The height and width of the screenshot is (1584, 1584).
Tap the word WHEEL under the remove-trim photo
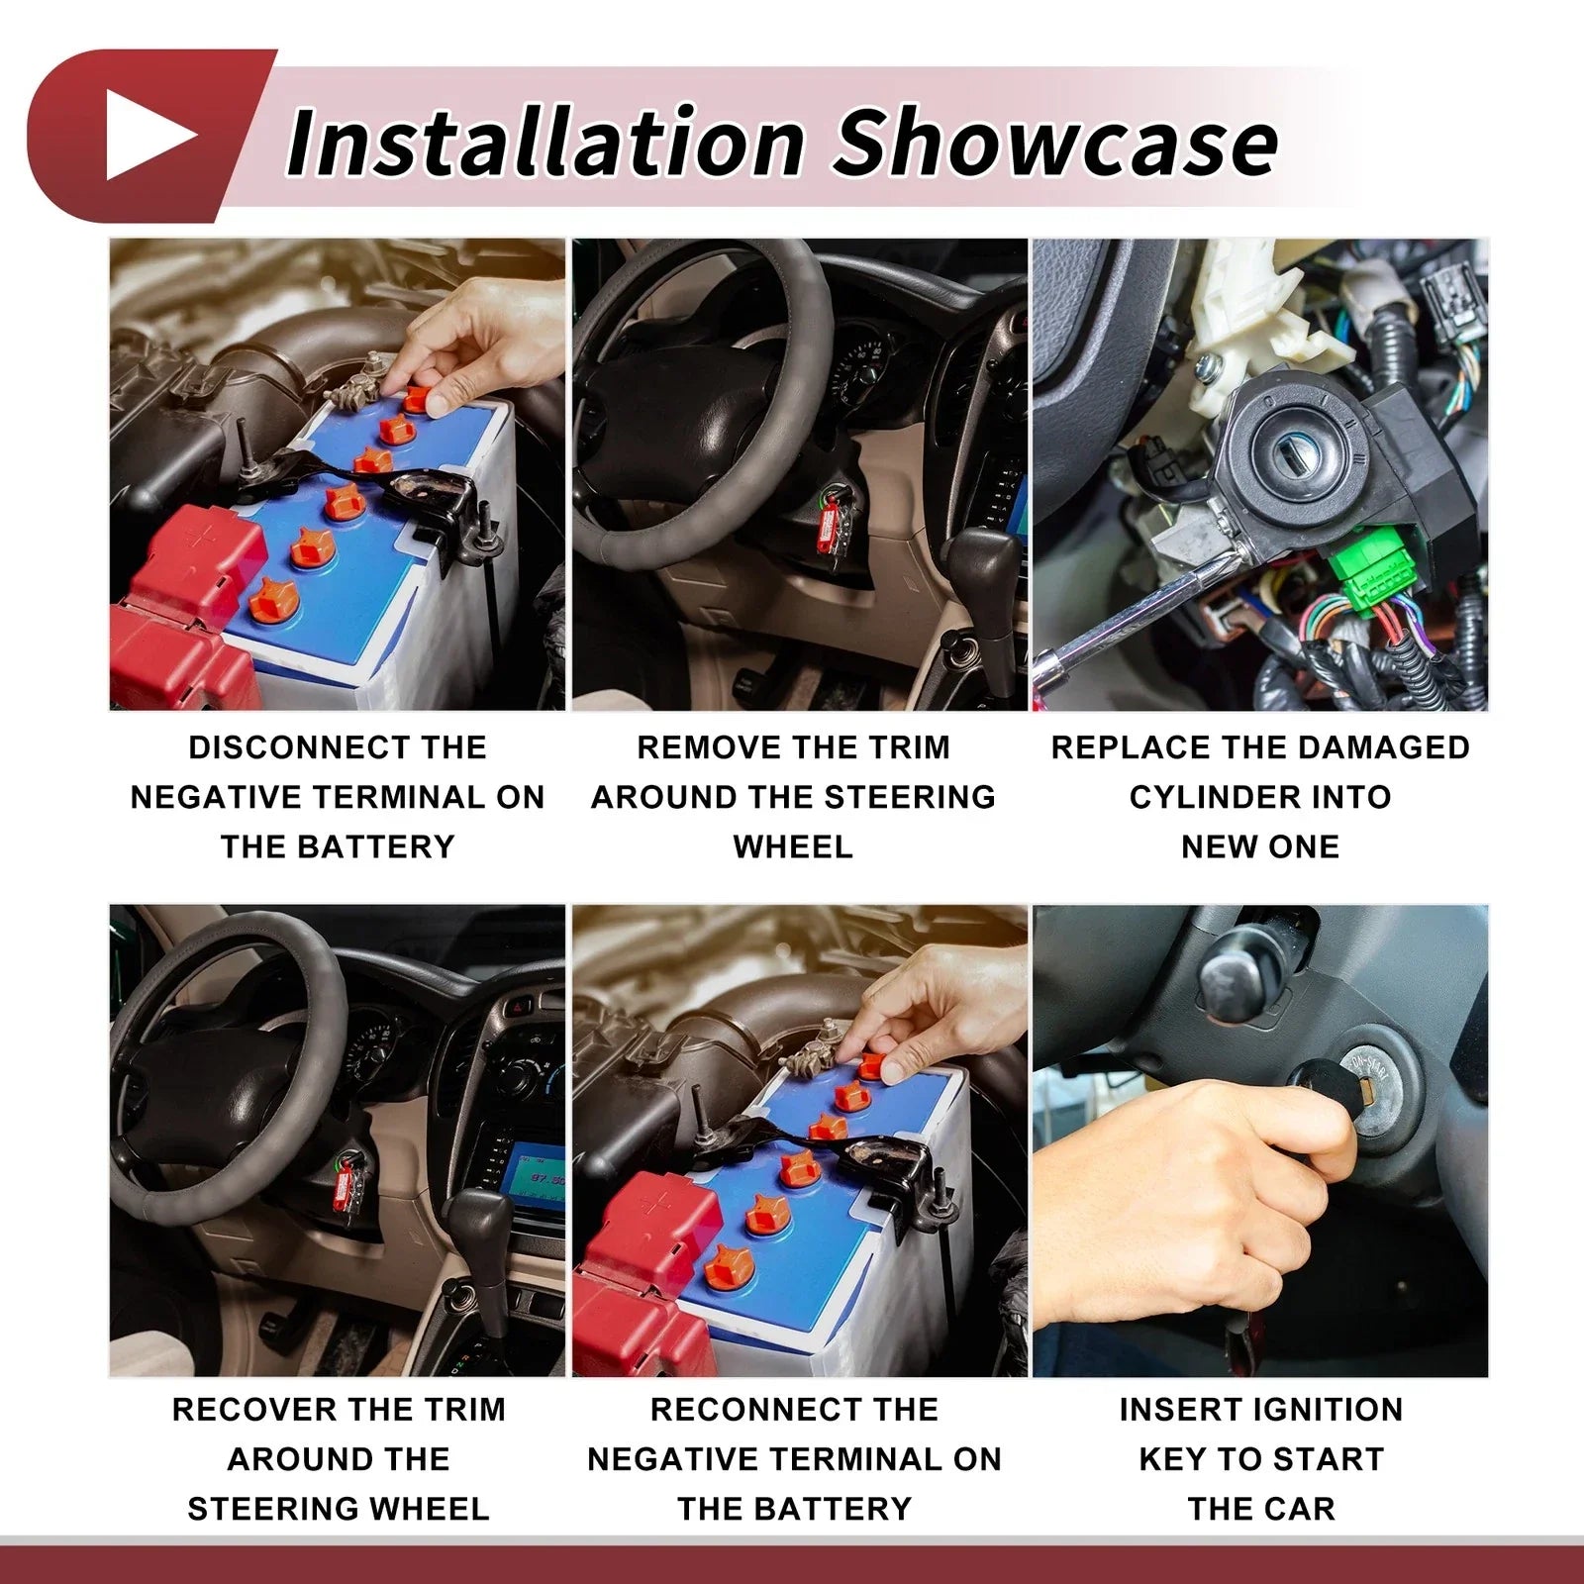793,847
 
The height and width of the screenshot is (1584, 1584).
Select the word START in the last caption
1323,1459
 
